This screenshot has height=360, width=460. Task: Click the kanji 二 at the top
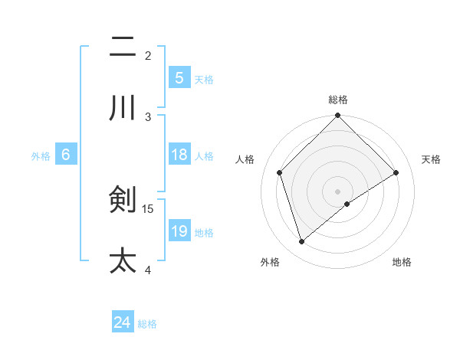click(123, 47)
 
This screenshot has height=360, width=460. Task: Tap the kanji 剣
click(123, 201)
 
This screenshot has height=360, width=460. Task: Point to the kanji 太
click(123, 260)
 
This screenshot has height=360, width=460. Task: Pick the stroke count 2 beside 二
click(148, 55)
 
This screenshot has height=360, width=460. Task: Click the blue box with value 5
click(179, 77)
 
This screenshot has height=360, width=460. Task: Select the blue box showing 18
click(179, 155)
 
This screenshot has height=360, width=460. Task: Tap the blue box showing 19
click(179, 231)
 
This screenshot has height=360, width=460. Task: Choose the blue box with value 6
click(66, 155)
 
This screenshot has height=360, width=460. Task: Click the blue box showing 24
click(122, 322)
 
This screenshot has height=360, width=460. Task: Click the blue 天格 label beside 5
click(204, 79)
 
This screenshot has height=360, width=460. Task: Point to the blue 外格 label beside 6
click(41, 155)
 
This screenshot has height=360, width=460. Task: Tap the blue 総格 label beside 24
click(147, 324)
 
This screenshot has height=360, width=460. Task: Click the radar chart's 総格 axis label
click(338, 100)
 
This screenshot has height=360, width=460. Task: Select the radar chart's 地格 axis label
click(402, 262)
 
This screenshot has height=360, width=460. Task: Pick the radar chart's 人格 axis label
click(245, 159)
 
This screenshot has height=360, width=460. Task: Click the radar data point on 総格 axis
click(338, 116)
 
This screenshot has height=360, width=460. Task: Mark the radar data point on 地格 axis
click(347, 204)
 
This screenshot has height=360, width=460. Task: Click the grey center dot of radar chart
click(338, 191)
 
